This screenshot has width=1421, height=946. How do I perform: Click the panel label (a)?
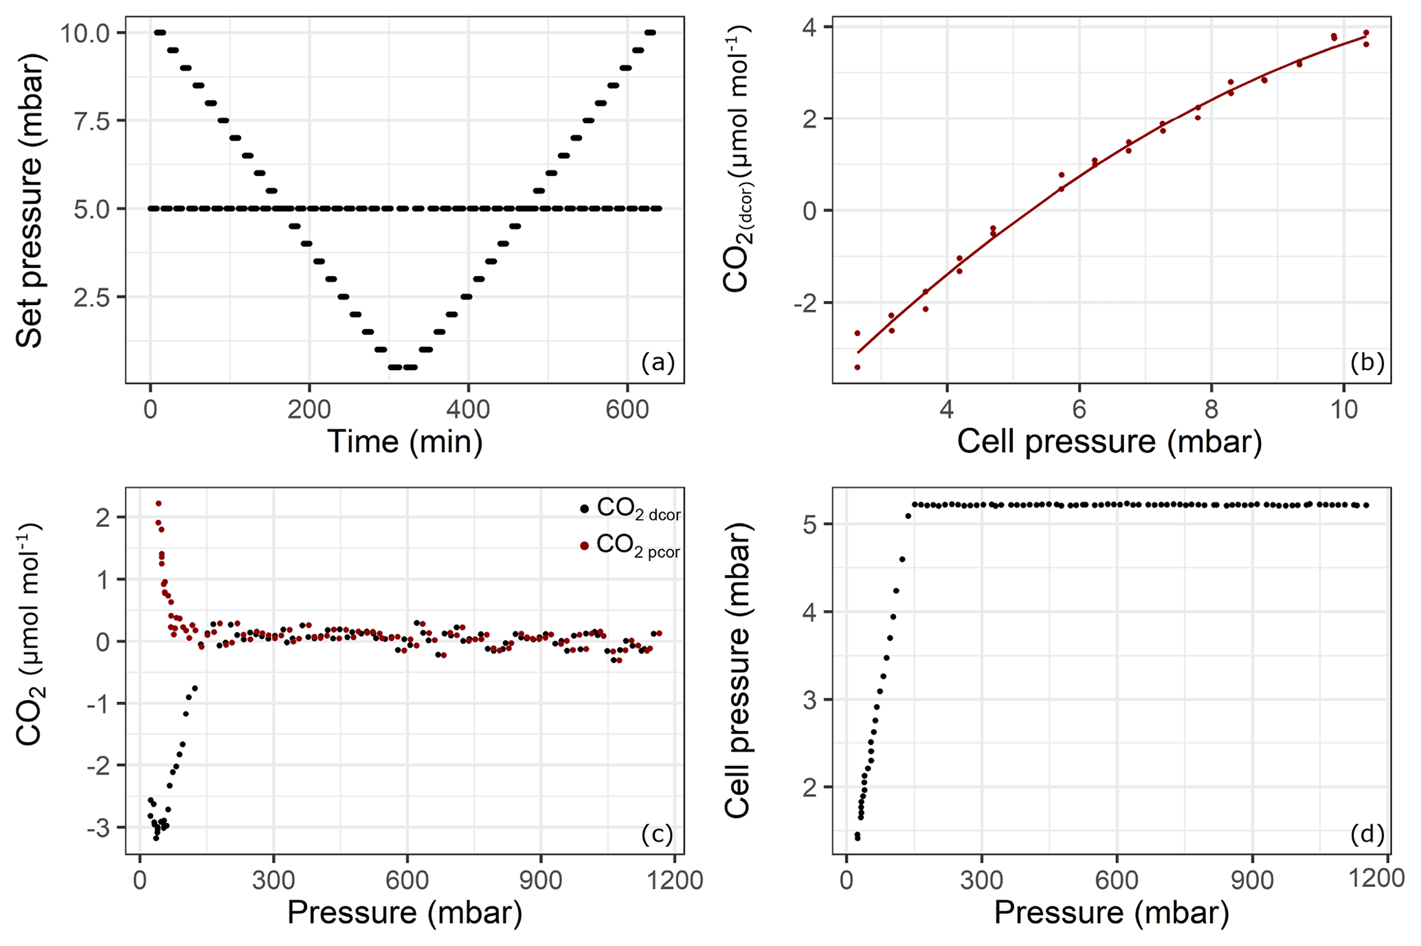point(658,362)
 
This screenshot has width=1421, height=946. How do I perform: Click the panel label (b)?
point(1367,362)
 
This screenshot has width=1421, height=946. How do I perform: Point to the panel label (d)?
point(1367,834)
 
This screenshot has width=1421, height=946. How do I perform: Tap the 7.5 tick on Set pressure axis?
point(94,121)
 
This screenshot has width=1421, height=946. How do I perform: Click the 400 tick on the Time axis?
point(468,409)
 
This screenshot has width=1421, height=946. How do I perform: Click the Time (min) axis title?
point(405,441)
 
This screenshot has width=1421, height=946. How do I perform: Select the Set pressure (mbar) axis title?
point(29,199)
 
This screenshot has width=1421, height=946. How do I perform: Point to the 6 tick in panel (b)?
point(1079,409)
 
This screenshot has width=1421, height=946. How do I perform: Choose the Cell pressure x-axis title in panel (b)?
point(1110,441)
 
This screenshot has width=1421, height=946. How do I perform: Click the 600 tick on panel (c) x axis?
point(407,881)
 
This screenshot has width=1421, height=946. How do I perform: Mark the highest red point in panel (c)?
point(159,504)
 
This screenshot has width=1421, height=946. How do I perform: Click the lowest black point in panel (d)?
point(858,838)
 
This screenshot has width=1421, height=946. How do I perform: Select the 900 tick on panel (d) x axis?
point(1253,881)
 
